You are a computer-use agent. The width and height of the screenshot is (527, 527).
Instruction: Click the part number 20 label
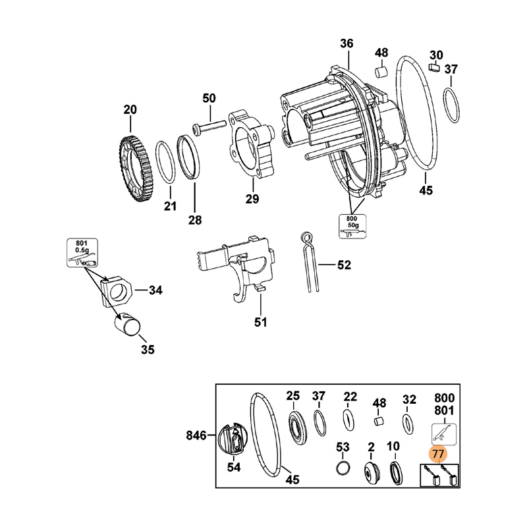130,109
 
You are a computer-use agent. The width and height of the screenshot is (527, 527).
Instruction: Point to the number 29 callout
253,199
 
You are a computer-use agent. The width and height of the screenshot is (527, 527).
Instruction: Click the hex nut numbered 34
119,291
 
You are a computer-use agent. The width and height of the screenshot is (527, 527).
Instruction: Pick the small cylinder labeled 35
128,323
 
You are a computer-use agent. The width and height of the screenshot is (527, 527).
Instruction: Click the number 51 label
261,322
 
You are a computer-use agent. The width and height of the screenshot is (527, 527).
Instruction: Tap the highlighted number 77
438,453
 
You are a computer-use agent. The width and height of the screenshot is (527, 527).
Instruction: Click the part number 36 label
347,44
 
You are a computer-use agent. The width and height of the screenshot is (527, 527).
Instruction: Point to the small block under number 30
435,67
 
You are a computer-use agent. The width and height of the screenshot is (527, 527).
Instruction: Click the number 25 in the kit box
293,396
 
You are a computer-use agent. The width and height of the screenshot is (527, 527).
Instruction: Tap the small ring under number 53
343,468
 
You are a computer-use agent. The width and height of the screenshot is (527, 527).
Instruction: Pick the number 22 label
350,396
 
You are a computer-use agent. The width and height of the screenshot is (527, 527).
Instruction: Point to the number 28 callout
195,220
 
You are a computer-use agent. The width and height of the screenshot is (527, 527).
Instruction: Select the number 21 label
171,207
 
